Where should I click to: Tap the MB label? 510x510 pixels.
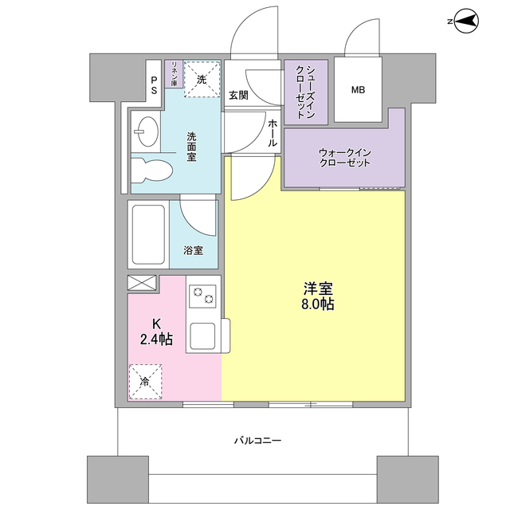(x=358, y=89)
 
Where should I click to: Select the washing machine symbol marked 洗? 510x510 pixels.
(x=202, y=80)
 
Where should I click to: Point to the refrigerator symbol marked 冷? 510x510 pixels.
(x=145, y=382)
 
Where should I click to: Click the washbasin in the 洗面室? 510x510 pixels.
(x=147, y=131)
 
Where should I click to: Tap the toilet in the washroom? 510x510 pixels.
(x=152, y=170)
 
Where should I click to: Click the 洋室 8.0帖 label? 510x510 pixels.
(x=317, y=295)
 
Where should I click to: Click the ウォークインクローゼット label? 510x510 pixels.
(x=345, y=157)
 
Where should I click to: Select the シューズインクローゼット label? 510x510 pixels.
(x=305, y=92)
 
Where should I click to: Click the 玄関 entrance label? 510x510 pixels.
(x=237, y=95)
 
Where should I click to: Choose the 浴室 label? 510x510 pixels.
(x=193, y=250)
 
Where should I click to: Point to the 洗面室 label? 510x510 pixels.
(x=192, y=147)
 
